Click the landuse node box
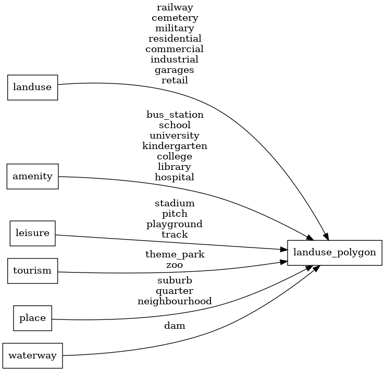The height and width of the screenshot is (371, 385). point(32,87)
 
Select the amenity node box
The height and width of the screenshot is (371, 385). point(32,176)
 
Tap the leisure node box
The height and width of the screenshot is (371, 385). point(32,233)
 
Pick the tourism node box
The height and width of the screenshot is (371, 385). point(32,270)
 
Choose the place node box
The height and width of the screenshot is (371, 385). point(32,318)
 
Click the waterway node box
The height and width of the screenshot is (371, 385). point(32,355)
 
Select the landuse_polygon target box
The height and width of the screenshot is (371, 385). point(334,252)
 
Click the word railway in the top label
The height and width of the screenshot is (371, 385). point(175,7)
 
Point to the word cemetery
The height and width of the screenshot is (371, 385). point(175,18)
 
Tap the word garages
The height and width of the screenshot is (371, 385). point(175,70)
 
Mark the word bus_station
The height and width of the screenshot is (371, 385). point(175,115)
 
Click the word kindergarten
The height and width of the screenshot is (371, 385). point(175,146)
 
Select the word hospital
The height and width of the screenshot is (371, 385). point(175,177)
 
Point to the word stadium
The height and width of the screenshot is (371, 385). point(175,203)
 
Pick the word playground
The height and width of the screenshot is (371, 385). point(175,224)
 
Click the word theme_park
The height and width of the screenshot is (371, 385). point(175,255)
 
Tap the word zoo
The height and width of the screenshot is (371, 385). point(175,265)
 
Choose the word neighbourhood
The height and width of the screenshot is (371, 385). point(175,301)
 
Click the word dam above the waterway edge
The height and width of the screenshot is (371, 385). point(175,326)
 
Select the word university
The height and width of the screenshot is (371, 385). point(175,135)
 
